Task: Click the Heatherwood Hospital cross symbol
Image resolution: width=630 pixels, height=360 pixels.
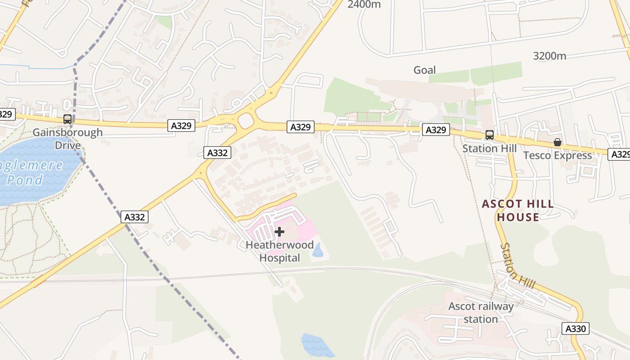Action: tap(279, 232)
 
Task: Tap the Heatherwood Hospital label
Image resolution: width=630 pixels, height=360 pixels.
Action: tap(279, 252)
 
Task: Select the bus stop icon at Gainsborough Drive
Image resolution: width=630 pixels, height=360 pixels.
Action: tap(67, 119)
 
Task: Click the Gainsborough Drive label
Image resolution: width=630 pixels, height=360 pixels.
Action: tap(68, 139)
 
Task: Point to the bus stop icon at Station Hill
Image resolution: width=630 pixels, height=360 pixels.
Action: tap(490, 135)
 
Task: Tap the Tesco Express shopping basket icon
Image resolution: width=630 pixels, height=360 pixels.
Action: tap(558, 142)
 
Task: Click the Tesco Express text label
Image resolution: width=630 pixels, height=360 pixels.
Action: tap(558, 156)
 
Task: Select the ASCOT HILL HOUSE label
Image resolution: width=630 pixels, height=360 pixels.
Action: tap(518, 211)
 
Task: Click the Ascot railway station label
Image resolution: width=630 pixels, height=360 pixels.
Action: tap(481, 313)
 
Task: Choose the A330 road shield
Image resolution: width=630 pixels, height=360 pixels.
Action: tap(576, 328)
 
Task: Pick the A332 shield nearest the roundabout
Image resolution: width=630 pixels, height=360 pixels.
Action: tap(217, 153)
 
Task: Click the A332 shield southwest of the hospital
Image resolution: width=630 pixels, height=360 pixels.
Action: tap(135, 217)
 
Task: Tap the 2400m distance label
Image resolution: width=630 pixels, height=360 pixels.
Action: tap(364, 4)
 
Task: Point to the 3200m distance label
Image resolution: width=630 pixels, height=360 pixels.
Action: tap(549, 56)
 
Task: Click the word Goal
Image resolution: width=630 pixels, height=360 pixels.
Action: tap(424, 70)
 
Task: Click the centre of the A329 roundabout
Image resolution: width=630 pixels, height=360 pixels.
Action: tap(246, 121)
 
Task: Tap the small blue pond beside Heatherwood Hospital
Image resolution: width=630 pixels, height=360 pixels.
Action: tap(317, 250)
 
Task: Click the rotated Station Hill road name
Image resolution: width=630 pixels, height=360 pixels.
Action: tap(518, 266)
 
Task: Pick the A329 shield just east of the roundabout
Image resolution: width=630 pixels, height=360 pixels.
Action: tap(300, 127)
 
